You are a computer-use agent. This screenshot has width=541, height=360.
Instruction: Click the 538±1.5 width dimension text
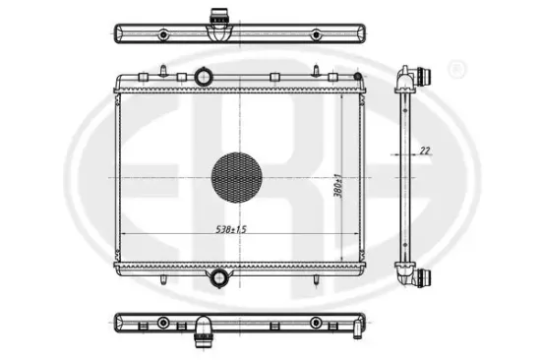[x=231, y=229]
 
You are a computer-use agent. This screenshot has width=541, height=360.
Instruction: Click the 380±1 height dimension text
[x=338, y=186]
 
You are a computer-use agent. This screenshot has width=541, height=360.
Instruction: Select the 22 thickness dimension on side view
[x=425, y=150]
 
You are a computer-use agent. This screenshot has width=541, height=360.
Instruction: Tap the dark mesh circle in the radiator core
[x=237, y=177]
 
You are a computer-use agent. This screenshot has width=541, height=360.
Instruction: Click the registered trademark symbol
[x=456, y=70]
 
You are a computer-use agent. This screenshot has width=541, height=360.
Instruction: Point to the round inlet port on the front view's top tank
[x=204, y=77]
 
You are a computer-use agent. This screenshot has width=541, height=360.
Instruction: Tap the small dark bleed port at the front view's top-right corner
[x=358, y=77]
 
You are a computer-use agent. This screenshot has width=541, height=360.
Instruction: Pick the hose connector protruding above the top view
[x=218, y=17]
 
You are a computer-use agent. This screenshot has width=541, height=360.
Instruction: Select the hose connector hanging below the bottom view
[x=203, y=332]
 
